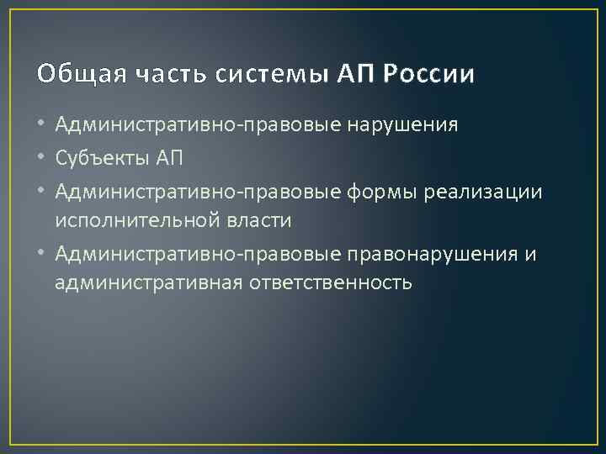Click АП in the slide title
click(354, 75)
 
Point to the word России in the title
click(429, 75)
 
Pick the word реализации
click(484, 193)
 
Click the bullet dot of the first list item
click(42, 126)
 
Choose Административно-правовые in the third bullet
click(199, 193)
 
